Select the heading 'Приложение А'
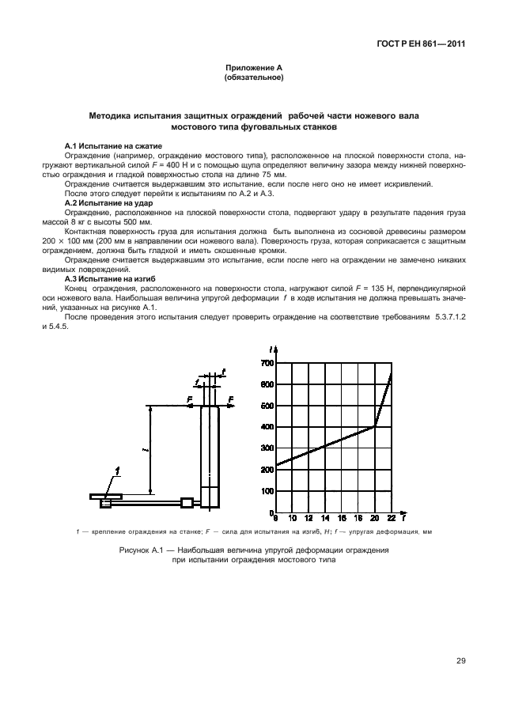point(255,70)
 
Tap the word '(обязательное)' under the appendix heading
point(255,78)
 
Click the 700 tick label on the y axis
point(267,363)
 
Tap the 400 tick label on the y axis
point(267,427)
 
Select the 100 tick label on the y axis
point(267,491)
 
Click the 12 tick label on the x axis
point(308,519)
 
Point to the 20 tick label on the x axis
point(374,519)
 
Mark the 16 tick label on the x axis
point(342,519)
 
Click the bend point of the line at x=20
point(374,427)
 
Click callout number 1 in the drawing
point(118,471)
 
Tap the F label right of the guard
point(230,399)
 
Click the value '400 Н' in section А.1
point(191,166)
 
